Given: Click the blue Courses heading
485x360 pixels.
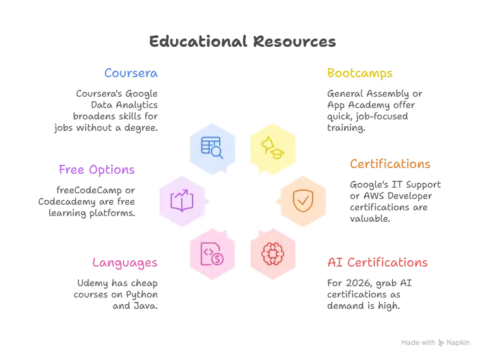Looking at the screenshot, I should (131, 74).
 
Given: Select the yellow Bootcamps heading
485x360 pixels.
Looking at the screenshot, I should (359, 74).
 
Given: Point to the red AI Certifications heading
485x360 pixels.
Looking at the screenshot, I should (376, 262).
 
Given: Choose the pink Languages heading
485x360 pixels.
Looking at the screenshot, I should (125, 262).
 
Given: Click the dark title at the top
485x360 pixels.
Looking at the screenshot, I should (242, 42).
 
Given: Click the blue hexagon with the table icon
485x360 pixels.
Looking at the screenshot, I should (212, 147).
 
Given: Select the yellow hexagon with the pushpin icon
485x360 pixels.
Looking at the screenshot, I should (272, 147).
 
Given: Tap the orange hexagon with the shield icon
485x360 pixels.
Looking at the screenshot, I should (302, 201).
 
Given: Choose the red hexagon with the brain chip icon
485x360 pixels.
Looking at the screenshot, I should (272, 255).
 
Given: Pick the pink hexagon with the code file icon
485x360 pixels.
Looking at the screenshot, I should (212, 255).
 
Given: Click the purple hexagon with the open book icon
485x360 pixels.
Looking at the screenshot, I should (182, 201).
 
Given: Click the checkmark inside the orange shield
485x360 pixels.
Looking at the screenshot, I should (302, 201).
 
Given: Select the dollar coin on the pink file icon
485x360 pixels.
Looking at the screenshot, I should (217, 259).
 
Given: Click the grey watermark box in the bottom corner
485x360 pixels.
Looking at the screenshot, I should (434, 344).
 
